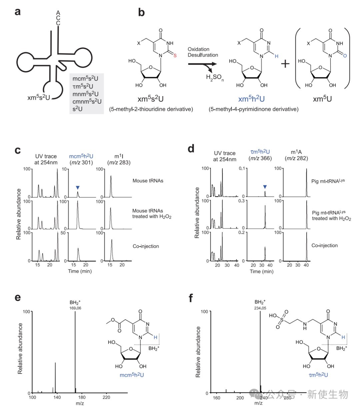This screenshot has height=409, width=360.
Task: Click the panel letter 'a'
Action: coord(18,12)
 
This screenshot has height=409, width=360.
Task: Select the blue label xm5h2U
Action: coord(252,99)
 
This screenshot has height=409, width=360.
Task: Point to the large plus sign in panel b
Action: coord(285,63)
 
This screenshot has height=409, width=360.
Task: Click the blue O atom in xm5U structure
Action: coord(345,56)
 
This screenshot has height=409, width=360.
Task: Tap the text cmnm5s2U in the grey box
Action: coord(87,101)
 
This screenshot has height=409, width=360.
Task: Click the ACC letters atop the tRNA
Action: coord(58,18)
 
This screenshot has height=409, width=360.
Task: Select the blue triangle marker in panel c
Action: coord(78,187)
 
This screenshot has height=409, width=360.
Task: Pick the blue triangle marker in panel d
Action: coord(265,186)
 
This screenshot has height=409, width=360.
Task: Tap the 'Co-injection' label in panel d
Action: coord(324,246)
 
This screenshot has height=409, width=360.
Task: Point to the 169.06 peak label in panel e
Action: coord(75,308)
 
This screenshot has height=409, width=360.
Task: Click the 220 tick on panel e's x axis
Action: coord(106,398)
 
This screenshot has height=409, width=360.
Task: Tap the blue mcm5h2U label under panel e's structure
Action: coord(132,375)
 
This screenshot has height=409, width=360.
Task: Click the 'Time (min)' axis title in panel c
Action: coord(80,271)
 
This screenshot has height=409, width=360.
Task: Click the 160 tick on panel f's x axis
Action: coord(216,398)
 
